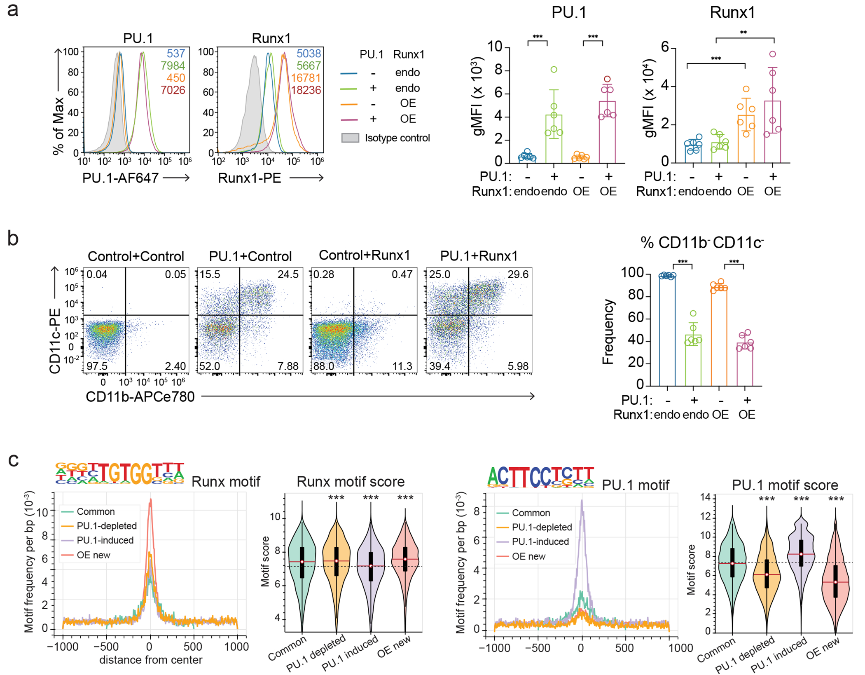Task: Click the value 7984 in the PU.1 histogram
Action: (x=173, y=66)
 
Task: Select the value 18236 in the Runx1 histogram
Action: (x=306, y=90)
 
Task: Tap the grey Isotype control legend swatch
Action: (x=350, y=138)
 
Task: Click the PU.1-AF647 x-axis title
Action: (x=120, y=178)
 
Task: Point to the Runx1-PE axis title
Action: (x=249, y=178)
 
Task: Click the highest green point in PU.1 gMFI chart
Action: (x=554, y=70)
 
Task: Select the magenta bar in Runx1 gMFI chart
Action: (x=772, y=132)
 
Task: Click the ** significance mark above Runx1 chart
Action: (x=743, y=33)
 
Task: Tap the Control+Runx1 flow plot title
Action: (x=365, y=255)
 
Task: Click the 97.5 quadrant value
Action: (x=97, y=366)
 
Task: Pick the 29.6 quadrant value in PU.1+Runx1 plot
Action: (x=518, y=274)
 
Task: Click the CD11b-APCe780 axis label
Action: (x=140, y=396)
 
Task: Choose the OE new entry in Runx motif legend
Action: (x=94, y=555)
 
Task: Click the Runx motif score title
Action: (x=351, y=481)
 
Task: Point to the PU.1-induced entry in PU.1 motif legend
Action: (x=540, y=541)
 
